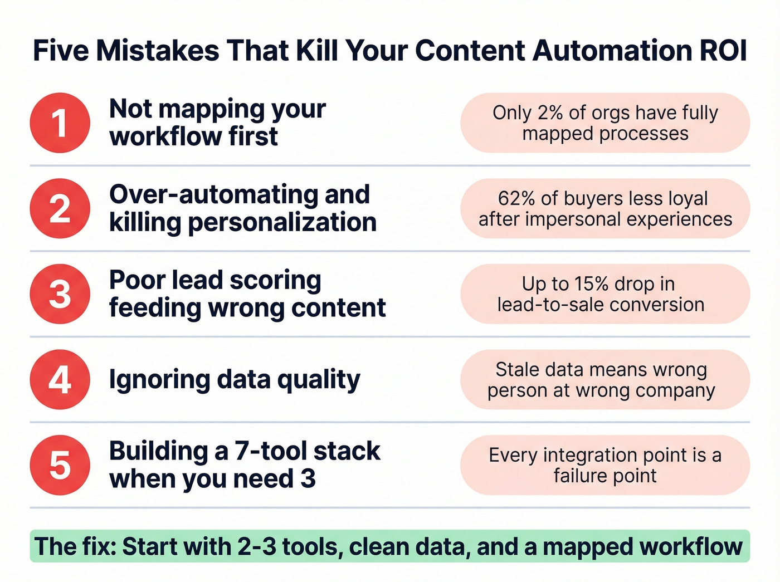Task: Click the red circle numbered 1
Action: (60, 123)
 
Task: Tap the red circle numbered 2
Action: (60, 208)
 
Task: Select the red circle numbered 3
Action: (60, 294)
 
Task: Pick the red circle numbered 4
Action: (60, 380)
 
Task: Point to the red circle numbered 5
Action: (60, 466)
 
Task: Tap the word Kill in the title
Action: (316, 51)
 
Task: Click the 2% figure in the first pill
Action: (550, 113)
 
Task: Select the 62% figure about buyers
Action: (517, 199)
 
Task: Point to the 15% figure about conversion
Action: (591, 284)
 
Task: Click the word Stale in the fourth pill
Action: (518, 370)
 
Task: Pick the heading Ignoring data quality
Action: (235, 380)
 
